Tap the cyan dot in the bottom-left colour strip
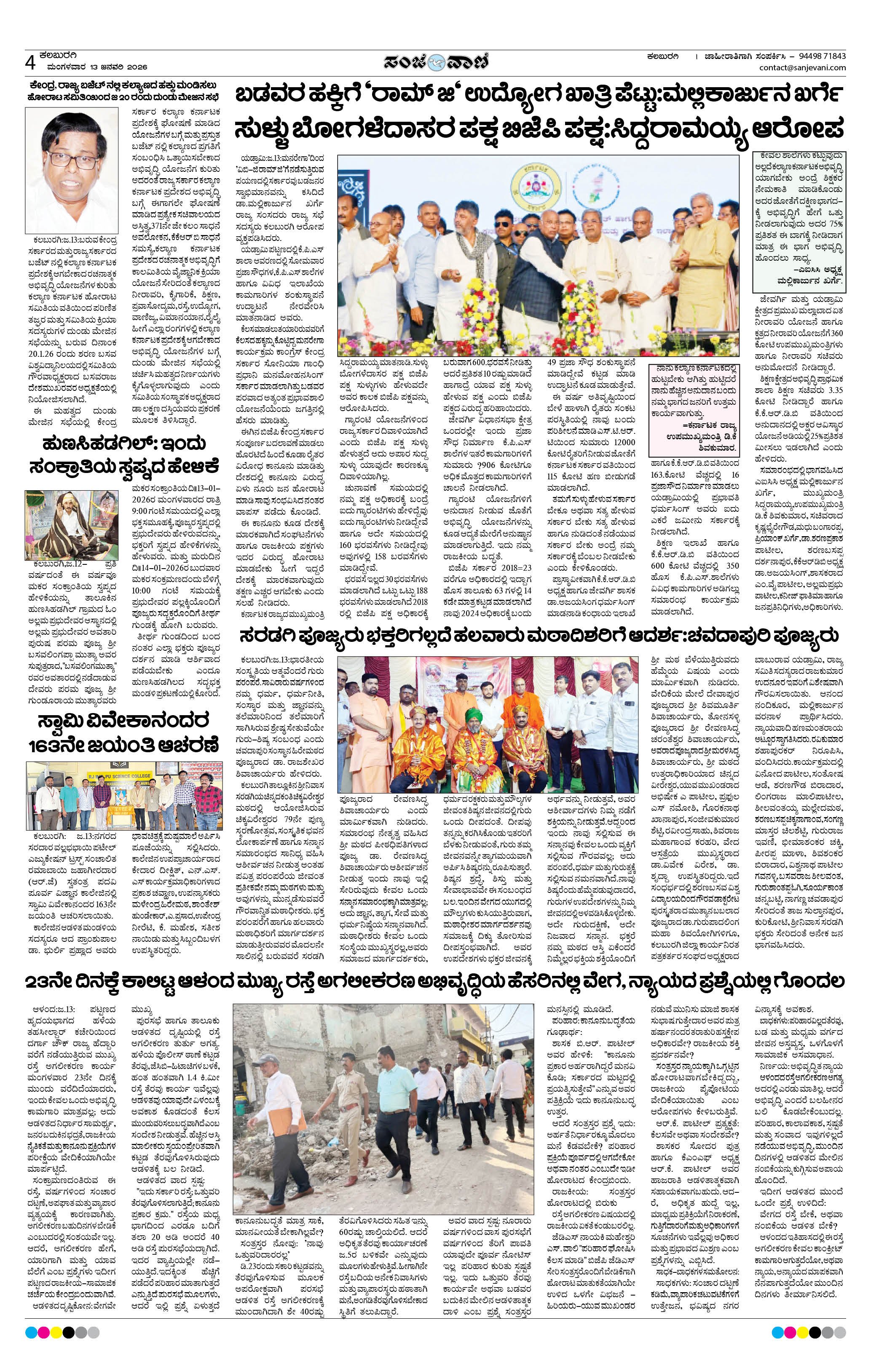[31, 1332]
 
